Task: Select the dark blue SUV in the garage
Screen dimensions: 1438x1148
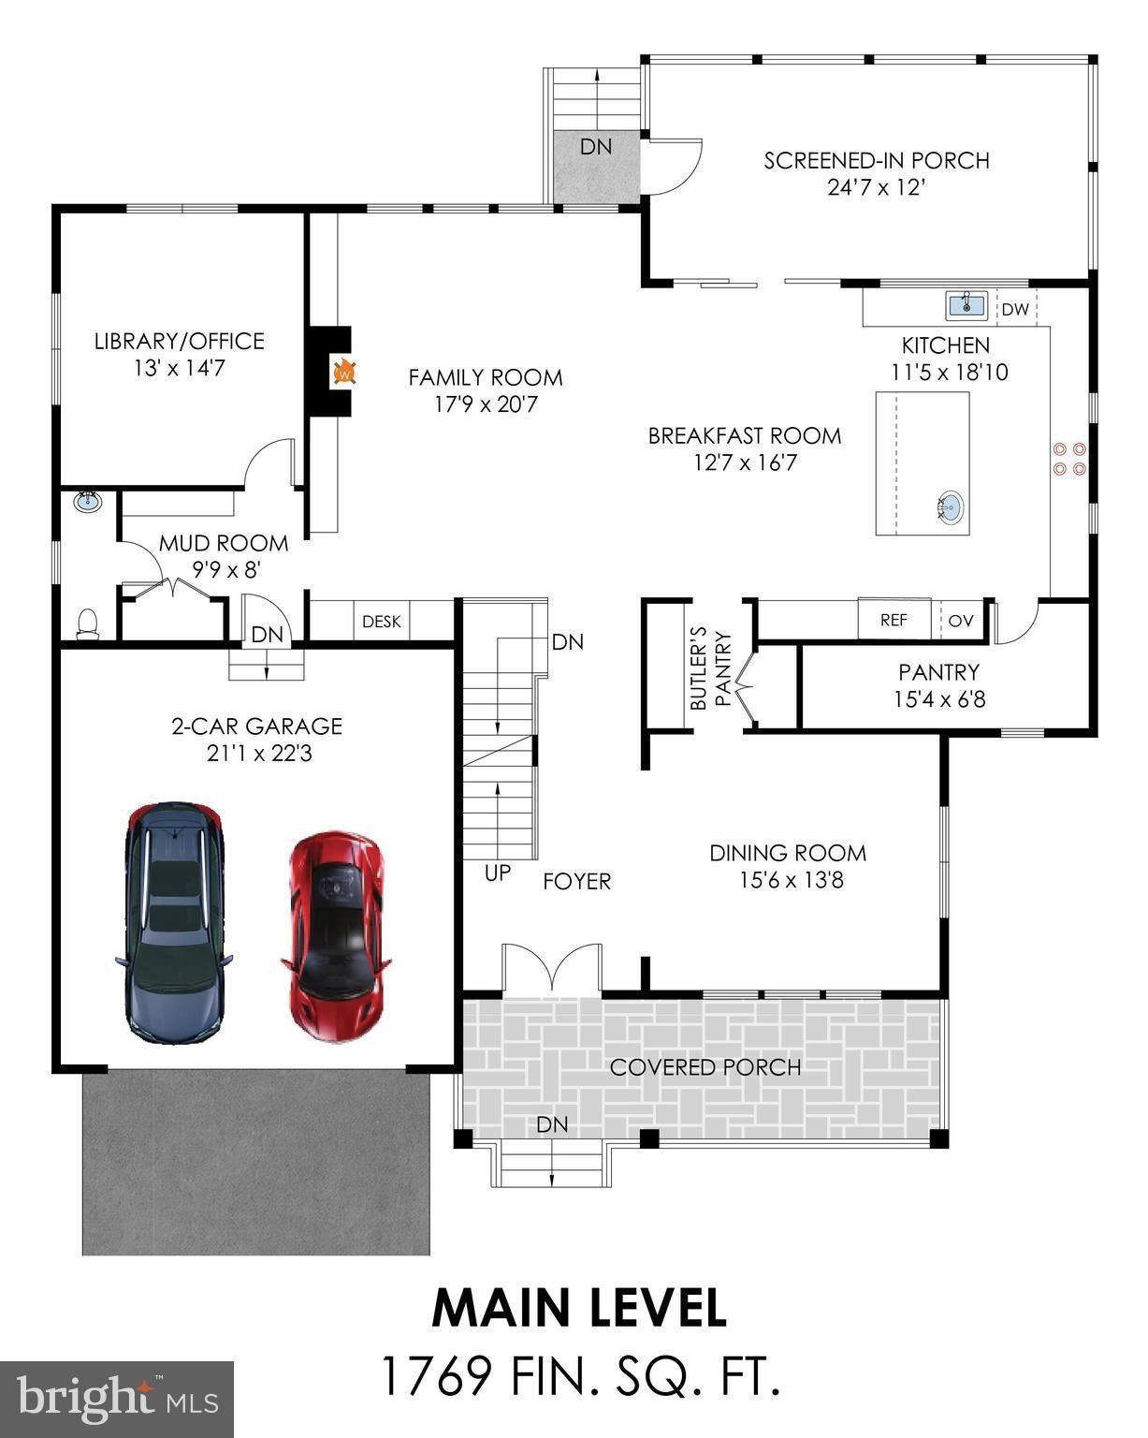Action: (174, 922)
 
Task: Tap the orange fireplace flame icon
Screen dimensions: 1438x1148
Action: (345, 372)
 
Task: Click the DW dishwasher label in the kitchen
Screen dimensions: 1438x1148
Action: (1015, 309)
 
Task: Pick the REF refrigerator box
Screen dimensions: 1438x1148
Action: (894, 620)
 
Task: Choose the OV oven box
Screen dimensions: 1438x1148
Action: (961, 620)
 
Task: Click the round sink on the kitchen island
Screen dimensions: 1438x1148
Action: (948, 507)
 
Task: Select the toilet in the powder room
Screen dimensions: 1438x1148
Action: (87, 623)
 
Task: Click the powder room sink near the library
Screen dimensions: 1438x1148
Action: (88, 501)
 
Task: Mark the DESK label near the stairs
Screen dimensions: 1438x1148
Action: (381, 621)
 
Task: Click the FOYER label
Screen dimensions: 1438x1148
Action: (577, 881)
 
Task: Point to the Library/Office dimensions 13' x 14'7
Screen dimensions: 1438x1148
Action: (179, 368)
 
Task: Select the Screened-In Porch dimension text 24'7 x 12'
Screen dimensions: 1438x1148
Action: (877, 186)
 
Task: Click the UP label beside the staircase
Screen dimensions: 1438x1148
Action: (498, 873)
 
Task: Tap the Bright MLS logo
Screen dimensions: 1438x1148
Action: (117, 1399)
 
